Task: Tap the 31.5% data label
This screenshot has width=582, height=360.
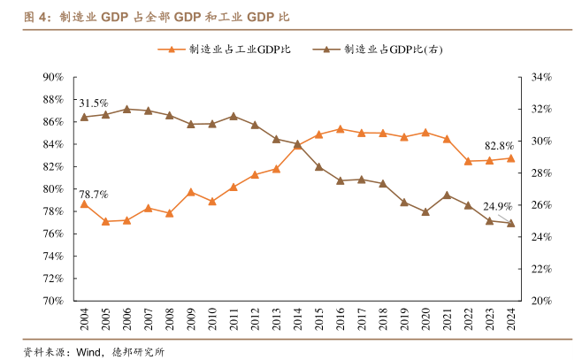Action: [94, 103]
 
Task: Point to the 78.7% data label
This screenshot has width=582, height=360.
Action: [94, 194]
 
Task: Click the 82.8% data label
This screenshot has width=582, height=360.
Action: [500, 146]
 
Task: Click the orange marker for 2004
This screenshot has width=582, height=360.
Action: [84, 204]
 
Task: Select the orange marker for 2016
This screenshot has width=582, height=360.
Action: [340, 129]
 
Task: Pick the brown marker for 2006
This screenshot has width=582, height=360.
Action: [126, 109]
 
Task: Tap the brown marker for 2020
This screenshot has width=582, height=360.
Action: [425, 212]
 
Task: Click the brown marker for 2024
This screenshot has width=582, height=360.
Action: [510, 223]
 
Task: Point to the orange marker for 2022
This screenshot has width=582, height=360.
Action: [468, 161]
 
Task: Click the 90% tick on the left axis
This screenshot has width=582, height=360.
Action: [51, 77]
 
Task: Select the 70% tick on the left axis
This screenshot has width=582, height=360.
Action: [51, 301]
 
